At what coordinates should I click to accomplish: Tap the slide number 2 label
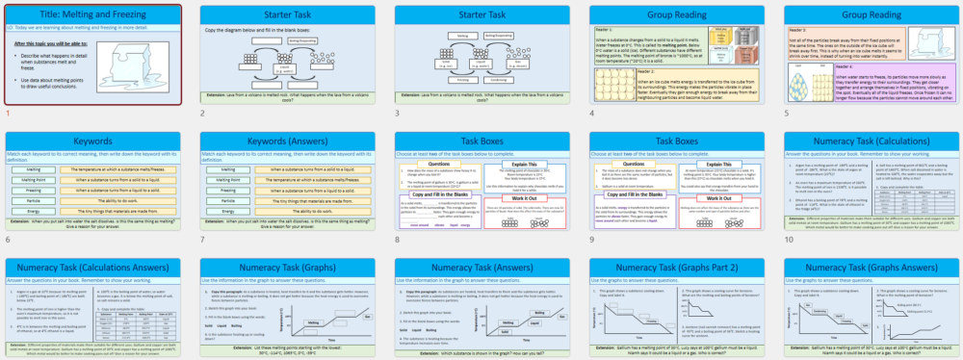(x=202, y=114)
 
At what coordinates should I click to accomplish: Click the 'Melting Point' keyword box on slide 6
(x=30, y=179)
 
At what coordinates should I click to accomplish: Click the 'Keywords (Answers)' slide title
(x=285, y=141)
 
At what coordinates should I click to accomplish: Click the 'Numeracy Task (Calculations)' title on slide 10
(x=870, y=141)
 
